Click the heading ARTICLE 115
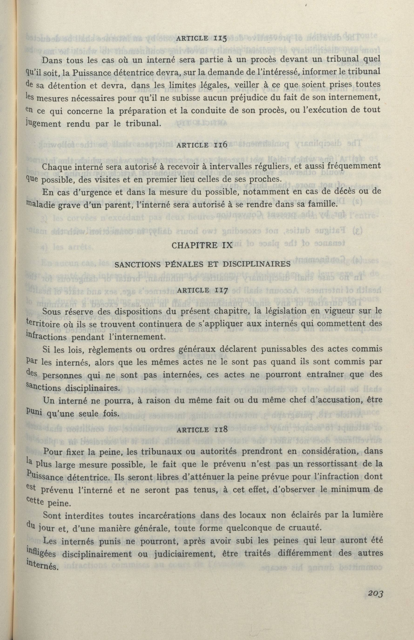tap(202, 38)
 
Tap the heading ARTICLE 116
tap(202, 145)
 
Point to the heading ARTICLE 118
tap(203, 429)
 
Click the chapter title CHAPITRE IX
tap(202, 246)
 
